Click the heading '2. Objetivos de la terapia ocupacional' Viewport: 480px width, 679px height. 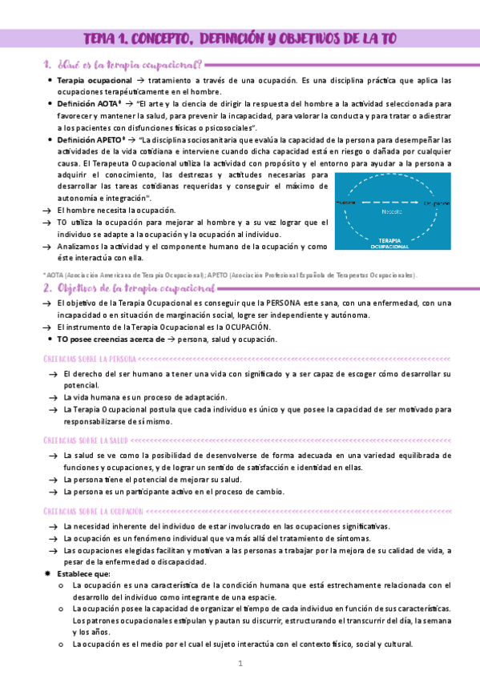click(129, 287)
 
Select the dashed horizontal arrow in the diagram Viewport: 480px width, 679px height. click(392, 203)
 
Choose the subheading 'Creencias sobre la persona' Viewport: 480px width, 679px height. click(90, 359)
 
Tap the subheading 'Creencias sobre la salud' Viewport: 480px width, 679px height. click(85, 440)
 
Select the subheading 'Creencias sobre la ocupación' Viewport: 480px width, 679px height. click(93, 510)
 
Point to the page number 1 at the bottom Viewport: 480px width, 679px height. click(240, 664)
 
